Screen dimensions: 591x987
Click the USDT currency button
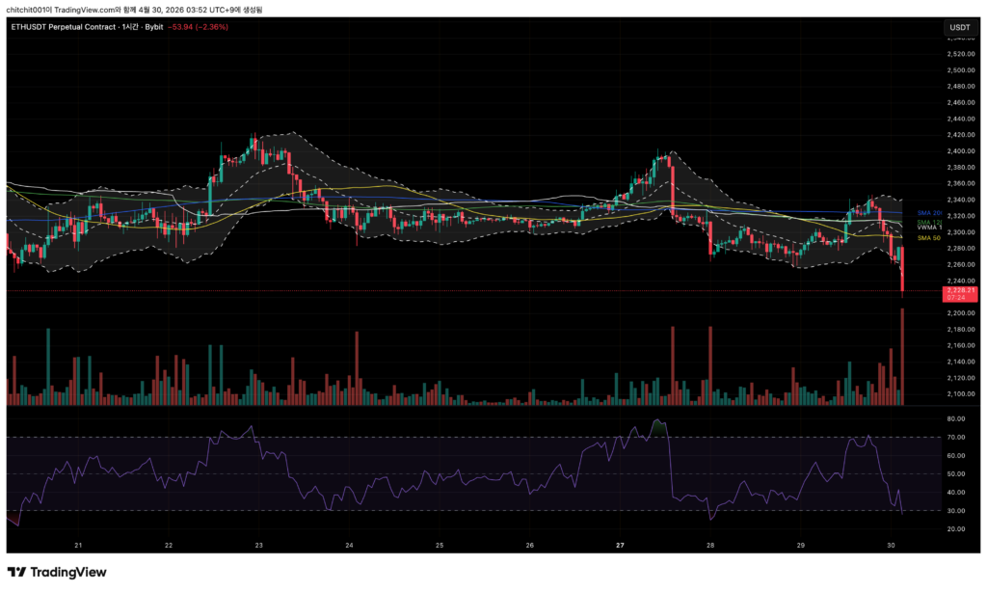[x=960, y=27]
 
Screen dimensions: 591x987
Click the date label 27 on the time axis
[x=621, y=545]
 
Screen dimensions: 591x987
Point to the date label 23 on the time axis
[x=259, y=545]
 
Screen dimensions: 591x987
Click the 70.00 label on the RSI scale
[x=956, y=438]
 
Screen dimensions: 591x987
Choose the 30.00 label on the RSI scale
[x=956, y=511]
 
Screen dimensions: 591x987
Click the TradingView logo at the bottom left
[x=58, y=572]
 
